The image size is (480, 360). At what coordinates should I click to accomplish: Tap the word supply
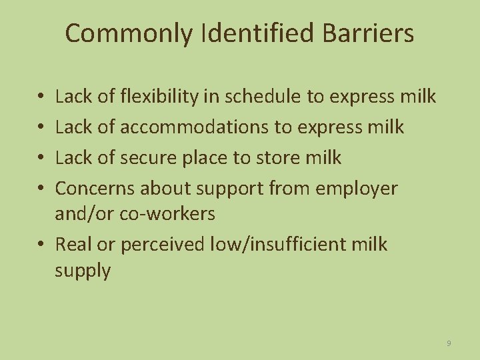(83, 271)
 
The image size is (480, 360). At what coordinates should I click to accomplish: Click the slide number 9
(449, 343)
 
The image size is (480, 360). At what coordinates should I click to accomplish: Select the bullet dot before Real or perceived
(41, 245)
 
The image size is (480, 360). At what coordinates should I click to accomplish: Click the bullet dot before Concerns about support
(41, 189)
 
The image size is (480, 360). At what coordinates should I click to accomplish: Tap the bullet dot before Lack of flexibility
(41, 97)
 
